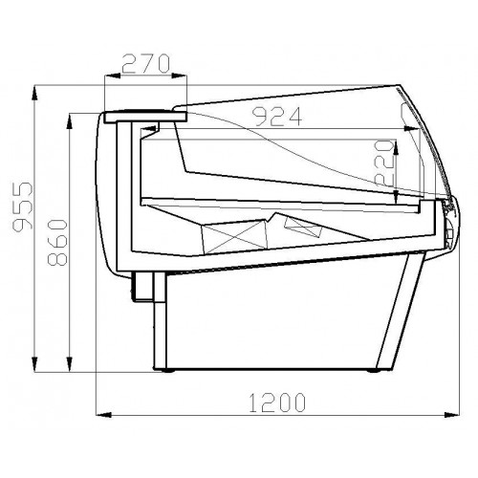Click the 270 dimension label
[x=145, y=64]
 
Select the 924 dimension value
[x=277, y=117]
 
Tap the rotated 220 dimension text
[x=385, y=163]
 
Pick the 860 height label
[x=57, y=242]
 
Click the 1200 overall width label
[x=277, y=402]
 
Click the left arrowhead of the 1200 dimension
[x=103, y=415]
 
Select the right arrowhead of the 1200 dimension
[x=452, y=415]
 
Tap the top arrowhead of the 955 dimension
[x=34, y=93]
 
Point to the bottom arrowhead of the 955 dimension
[x=34, y=364]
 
